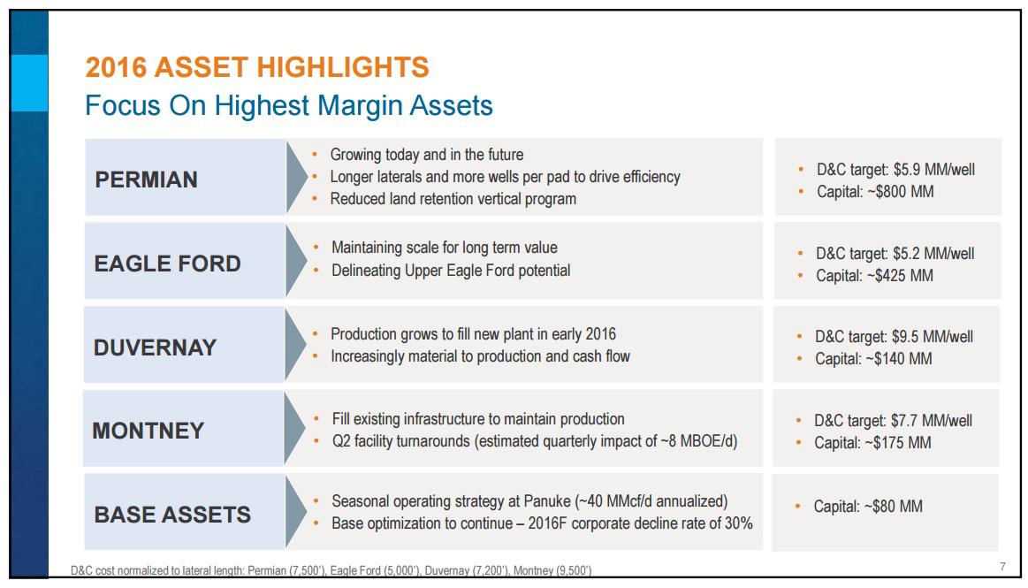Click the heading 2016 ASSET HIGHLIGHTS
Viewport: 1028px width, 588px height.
click(256, 67)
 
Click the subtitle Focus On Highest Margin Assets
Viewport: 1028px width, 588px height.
click(288, 106)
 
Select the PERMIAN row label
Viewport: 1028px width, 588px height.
click(146, 179)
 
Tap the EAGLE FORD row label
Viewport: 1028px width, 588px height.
click(167, 263)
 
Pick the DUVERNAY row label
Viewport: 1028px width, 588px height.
click(155, 347)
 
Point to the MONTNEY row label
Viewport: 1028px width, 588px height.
click(148, 431)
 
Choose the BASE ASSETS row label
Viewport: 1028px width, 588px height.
click(172, 515)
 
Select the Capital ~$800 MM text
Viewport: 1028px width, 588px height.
click(874, 191)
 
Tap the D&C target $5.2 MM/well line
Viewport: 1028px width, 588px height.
click(894, 254)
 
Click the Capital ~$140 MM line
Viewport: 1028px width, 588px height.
click(872, 358)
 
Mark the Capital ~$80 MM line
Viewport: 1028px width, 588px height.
click(867, 507)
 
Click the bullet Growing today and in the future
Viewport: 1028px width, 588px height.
click(426, 155)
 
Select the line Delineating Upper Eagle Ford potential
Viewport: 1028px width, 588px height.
click(450, 271)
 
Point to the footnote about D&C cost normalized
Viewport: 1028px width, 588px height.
click(331, 571)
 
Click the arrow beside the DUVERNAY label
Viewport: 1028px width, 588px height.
click(295, 346)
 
